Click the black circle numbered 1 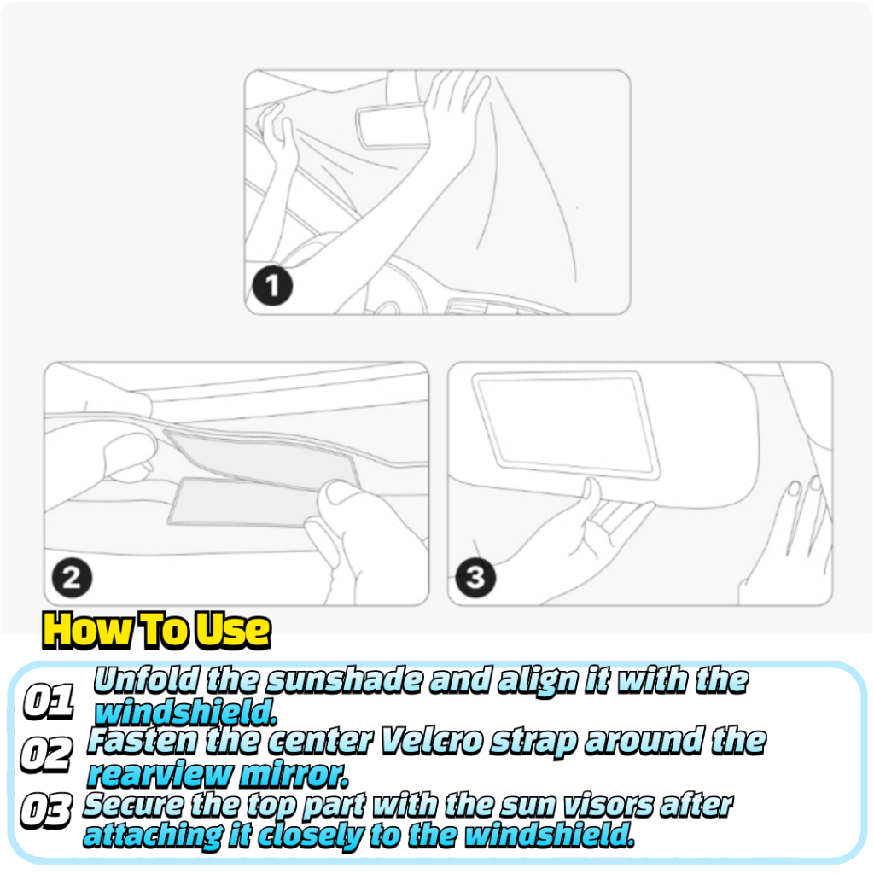[272, 286]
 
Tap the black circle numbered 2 [72, 578]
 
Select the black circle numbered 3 [475, 578]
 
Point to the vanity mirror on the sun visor [566, 425]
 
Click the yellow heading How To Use [157, 631]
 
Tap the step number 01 [49, 701]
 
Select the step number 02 [47, 755]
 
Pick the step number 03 [46, 810]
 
